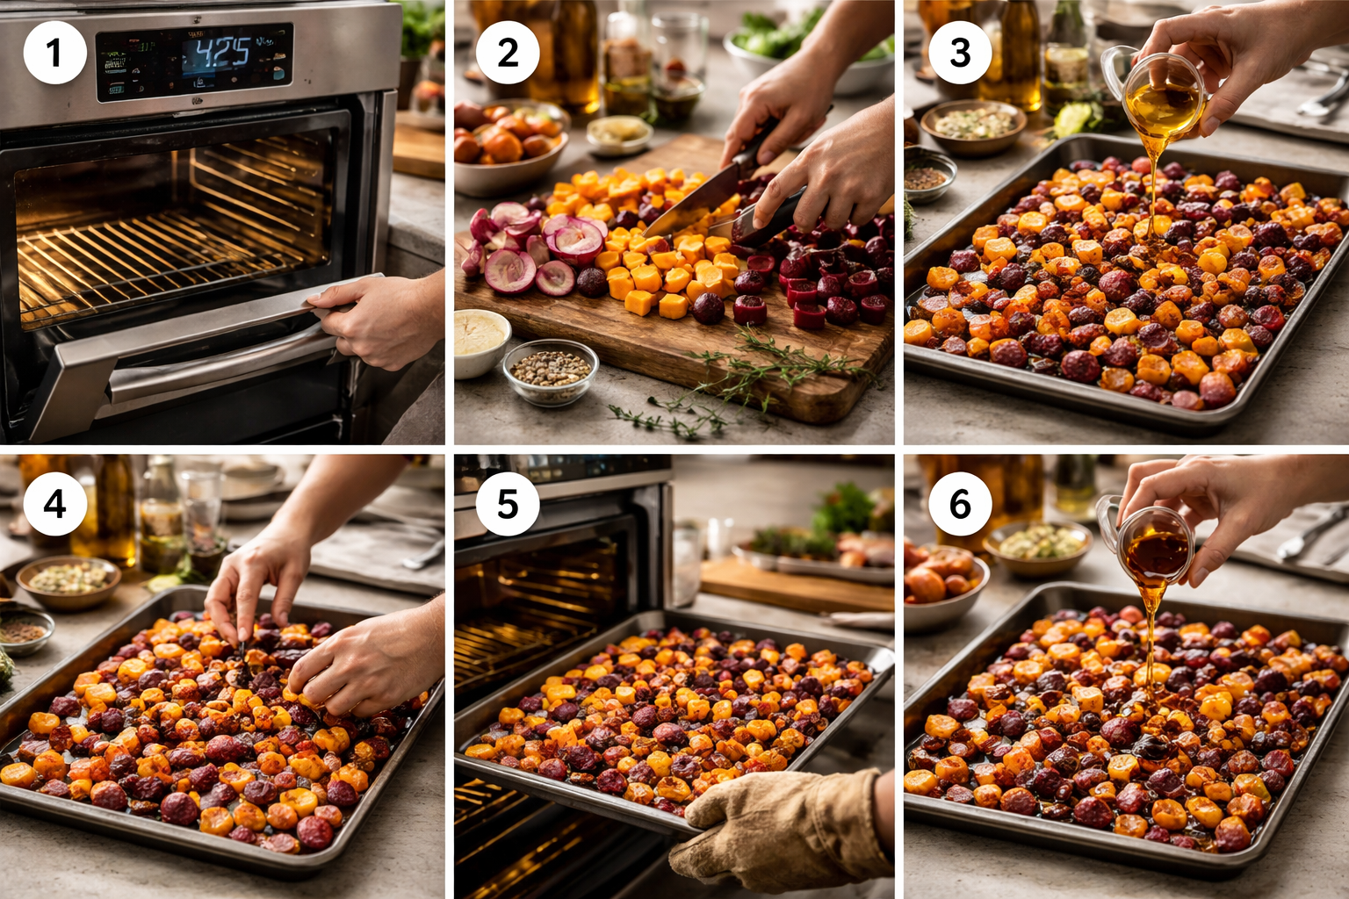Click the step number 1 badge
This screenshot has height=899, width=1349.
pos(54,53)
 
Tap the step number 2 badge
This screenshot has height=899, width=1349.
pos(508,53)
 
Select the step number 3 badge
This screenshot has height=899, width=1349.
pos(960,53)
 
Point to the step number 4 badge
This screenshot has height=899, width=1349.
pos(54,504)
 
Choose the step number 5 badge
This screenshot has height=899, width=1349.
pos(508,504)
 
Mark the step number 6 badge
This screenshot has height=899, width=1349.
pos(960,504)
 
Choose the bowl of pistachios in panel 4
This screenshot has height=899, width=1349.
pos(69,579)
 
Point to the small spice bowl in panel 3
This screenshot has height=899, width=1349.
pos(929,176)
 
